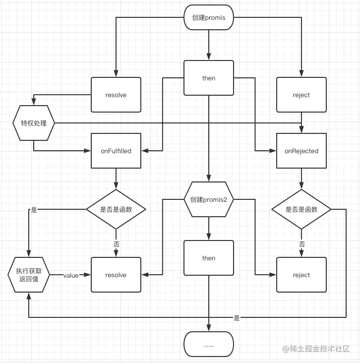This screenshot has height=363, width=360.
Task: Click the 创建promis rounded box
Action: point(208,18)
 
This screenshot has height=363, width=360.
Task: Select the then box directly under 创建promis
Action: point(208,78)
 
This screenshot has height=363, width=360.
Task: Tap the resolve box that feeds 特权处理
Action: point(116,95)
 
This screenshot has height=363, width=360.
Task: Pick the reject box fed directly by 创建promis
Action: point(301,95)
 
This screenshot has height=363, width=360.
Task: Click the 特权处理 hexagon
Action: point(34,123)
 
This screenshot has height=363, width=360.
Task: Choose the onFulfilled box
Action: point(116,151)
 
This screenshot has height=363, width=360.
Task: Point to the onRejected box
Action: point(301,151)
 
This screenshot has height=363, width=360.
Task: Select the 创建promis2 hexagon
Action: point(208,200)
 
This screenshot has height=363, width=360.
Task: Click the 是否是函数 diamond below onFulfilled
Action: point(116,209)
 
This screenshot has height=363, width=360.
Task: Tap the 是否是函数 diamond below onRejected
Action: point(301,209)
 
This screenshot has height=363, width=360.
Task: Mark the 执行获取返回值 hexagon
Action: point(29,275)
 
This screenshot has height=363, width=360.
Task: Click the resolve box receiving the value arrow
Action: point(116,275)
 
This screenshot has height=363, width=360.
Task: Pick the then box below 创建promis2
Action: point(208,258)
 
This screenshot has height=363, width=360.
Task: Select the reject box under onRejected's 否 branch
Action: point(301,275)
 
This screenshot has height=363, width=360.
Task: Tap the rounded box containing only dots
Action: point(208,344)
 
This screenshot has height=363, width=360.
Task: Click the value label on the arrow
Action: point(71,275)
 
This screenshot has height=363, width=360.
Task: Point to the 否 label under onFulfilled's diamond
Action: point(116,244)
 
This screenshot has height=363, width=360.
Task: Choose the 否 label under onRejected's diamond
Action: point(301,244)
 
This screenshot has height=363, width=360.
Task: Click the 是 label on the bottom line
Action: point(237,318)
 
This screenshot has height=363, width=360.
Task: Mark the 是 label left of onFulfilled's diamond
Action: point(34,210)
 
